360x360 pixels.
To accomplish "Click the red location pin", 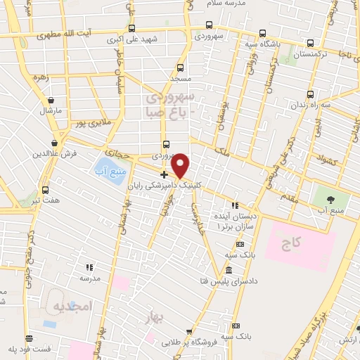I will pyautogui.click(x=181, y=165).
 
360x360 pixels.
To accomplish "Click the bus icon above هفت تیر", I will pyautogui.click(x=46, y=189).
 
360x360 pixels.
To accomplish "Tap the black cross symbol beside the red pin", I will pyautogui.click(x=164, y=174).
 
